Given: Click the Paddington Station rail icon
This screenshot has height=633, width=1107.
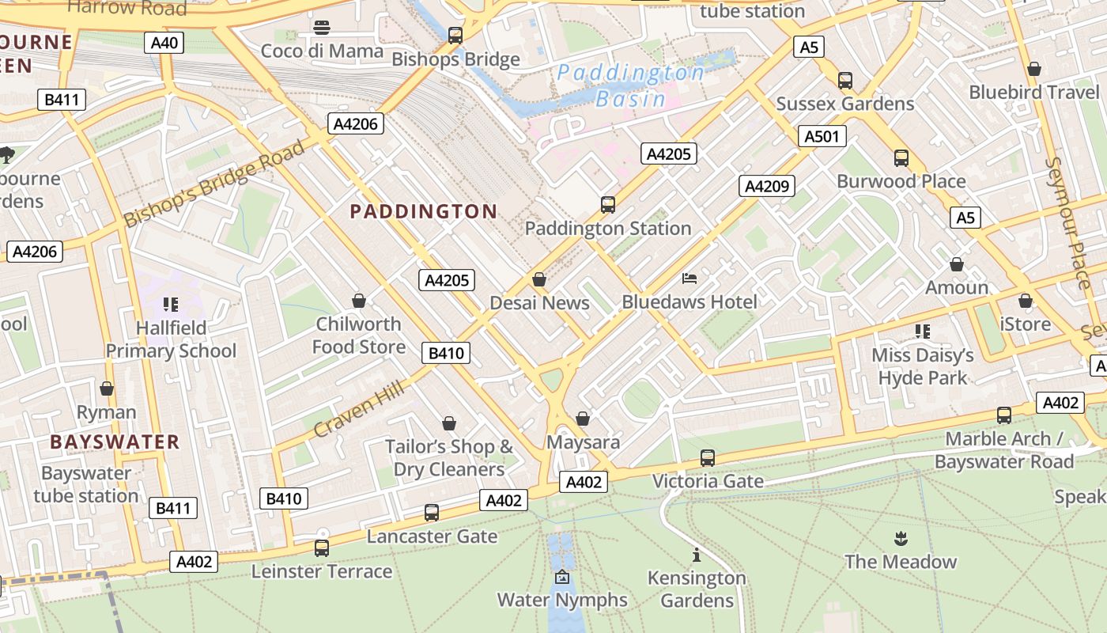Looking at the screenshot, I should pyautogui.click(x=607, y=205).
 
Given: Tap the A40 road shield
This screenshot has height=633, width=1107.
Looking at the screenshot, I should pyautogui.click(x=164, y=43).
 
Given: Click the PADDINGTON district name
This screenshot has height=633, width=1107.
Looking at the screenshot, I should pyautogui.click(x=423, y=211).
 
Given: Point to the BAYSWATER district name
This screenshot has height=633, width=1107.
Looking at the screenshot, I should pyautogui.click(x=115, y=442).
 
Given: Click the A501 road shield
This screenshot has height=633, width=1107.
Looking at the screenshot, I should pyautogui.click(x=821, y=136).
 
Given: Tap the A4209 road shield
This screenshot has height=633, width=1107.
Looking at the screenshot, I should pyautogui.click(x=766, y=186).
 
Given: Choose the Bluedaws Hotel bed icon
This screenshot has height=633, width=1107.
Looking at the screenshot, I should pyautogui.click(x=690, y=279).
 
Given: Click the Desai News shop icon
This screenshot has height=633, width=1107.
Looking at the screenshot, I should pyautogui.click(x=539, y=279).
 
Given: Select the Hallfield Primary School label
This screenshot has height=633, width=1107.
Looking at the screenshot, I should pyautogui.click(x=171, y=339).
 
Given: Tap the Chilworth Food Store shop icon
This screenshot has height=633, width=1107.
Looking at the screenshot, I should pyautogui.click(x=359, y=301).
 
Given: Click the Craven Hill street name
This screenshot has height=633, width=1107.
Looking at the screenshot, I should pyautogui.click(x=359, y=409).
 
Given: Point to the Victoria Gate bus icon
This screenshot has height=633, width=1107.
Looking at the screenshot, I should pyautogui.click(x=707, y=458).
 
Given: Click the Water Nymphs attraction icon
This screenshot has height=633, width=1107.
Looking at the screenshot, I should pyautogui.click(x=562, y=577).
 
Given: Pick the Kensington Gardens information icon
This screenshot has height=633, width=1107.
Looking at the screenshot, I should pyautogui.click(x=696, y=555).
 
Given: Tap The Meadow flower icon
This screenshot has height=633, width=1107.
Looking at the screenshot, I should pyautogui.click(x=900, y=539).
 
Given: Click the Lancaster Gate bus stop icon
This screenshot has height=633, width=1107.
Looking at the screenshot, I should pyautogui.click(x=431, y=513).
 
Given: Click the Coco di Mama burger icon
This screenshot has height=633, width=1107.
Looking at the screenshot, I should pyautogui.click(x=321, y=28).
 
